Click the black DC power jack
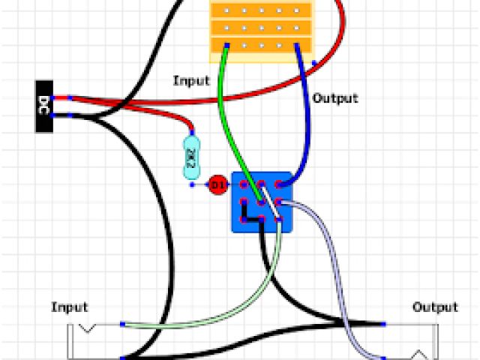pyautogui.click(x=44, y=106)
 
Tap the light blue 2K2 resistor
pyautogui.click(x=192, y=157)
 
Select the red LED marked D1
pyautogui.click(x=217, y=184)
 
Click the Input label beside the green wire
pyautogui.click(x=191, y=80)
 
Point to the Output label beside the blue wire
pyautogui.click(x=335, y=98)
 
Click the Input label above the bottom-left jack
pyautogui.click(x=70, y=307)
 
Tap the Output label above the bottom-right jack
pyautogui.click(x=435, y=307)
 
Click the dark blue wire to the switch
pyautogui.click(x=307, y=112)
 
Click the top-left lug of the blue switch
pyautogui.click(x=244, y=184)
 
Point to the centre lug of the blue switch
pyautogui.click(x=261, y=201)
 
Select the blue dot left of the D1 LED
pyautogui.click(x=193, y=184)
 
